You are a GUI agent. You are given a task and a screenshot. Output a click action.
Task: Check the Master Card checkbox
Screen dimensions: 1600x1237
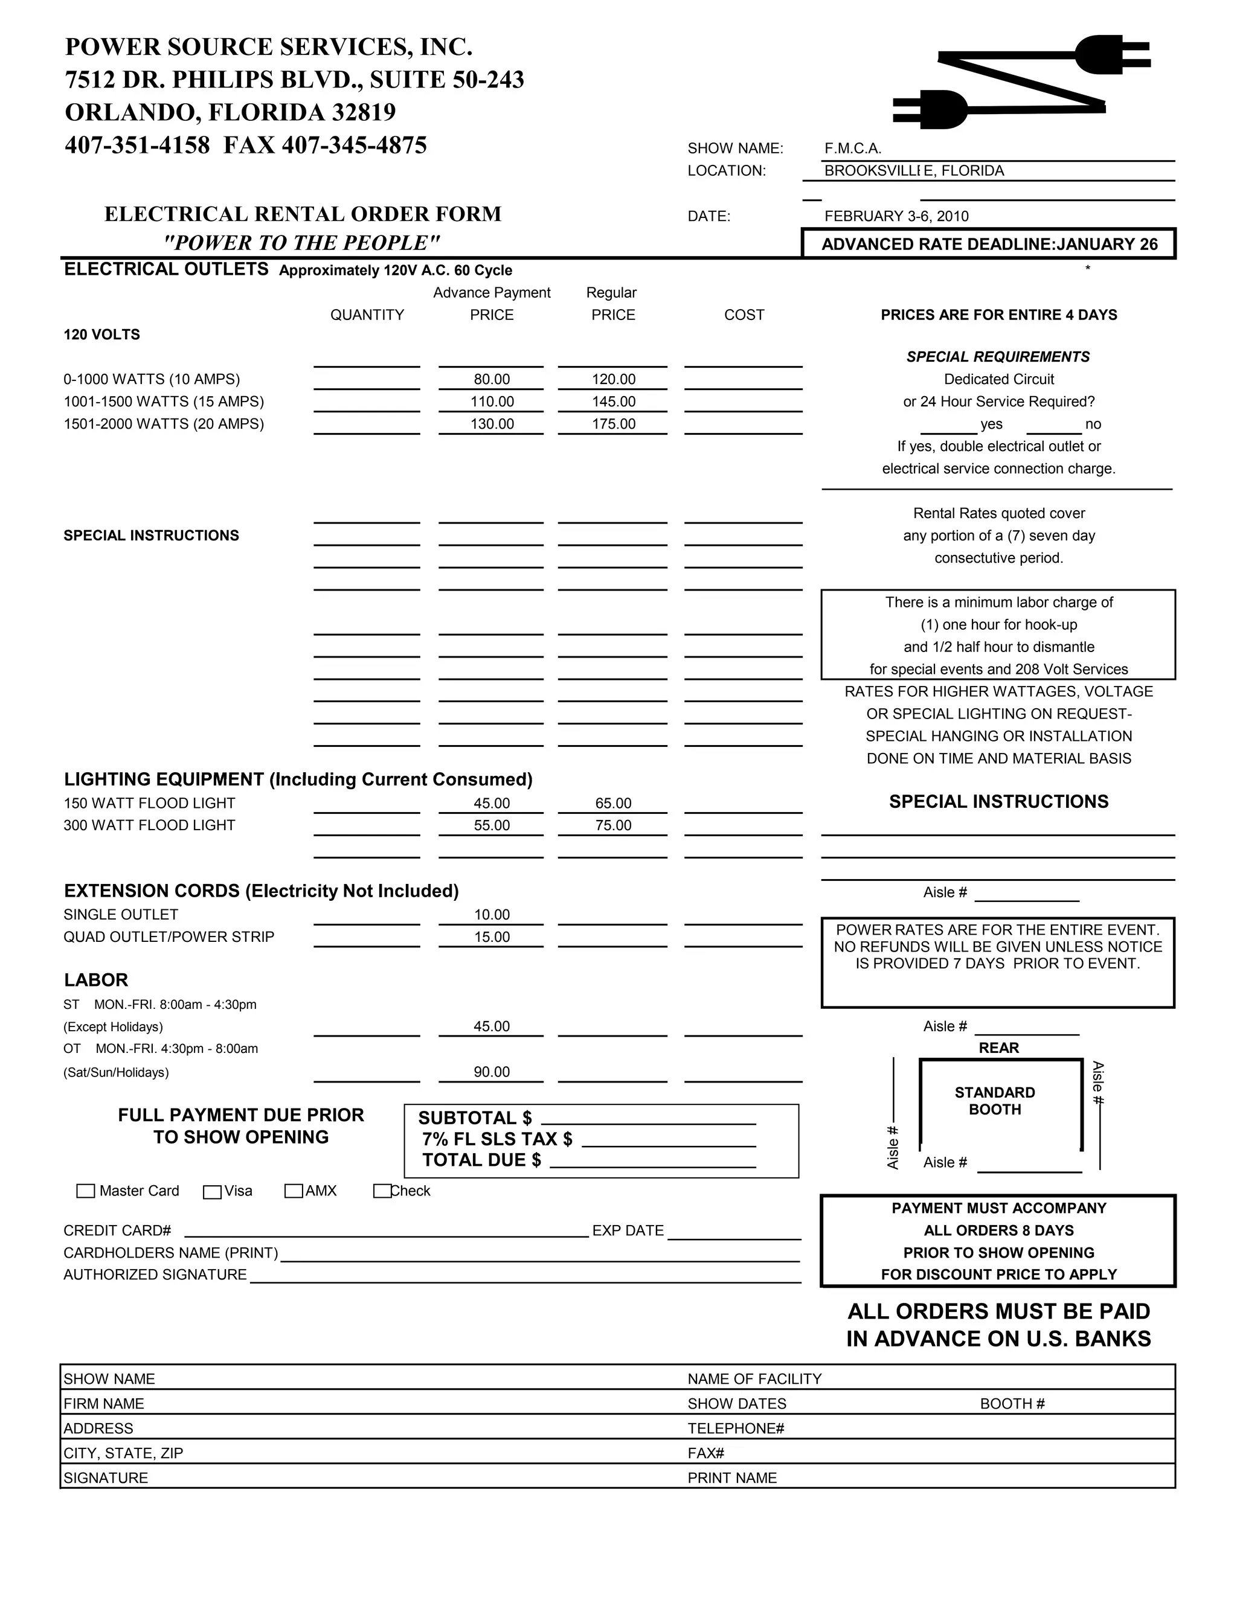click(x=86, y=1191)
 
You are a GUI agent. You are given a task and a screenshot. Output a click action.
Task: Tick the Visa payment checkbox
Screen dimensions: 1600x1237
click(x=213, y=1191)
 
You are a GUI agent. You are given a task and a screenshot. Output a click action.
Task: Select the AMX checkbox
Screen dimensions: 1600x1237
click(x=294, y=1191)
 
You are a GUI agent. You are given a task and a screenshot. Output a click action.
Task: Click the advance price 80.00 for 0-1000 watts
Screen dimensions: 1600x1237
click(x=492, y=380)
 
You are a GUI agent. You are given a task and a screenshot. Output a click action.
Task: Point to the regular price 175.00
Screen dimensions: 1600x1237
click(x=614, y=424)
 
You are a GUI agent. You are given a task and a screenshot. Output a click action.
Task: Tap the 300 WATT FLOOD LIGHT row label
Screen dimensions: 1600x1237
click(x=150, y=825)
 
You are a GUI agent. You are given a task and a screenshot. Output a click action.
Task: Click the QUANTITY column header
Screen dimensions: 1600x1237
click(x=367, y=315)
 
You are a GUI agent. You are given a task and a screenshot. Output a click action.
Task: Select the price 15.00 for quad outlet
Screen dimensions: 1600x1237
click(x=492, y=937)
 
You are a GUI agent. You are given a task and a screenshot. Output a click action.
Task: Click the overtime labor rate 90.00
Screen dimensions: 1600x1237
click(x=492, y=1072)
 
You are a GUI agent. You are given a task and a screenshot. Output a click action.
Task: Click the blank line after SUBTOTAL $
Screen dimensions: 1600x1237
click(x=648, y=1119)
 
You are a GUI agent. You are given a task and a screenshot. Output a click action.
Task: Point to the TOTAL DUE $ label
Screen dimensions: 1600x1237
click(x=481, y=1160)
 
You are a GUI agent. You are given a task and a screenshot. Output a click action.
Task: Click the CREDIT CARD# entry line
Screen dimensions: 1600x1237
click(x=386, y=1232)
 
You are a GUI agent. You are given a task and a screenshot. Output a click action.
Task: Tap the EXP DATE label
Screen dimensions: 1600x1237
click(x=628, y=1230)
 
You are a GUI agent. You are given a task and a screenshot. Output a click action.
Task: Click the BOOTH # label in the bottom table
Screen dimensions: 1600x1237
click(x=1012, y=1404)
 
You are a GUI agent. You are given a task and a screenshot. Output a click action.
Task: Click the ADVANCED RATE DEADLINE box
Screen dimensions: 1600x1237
click(x=989, y=245)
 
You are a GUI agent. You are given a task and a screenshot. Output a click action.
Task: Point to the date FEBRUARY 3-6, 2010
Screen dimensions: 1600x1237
click(x=896, y=216)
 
